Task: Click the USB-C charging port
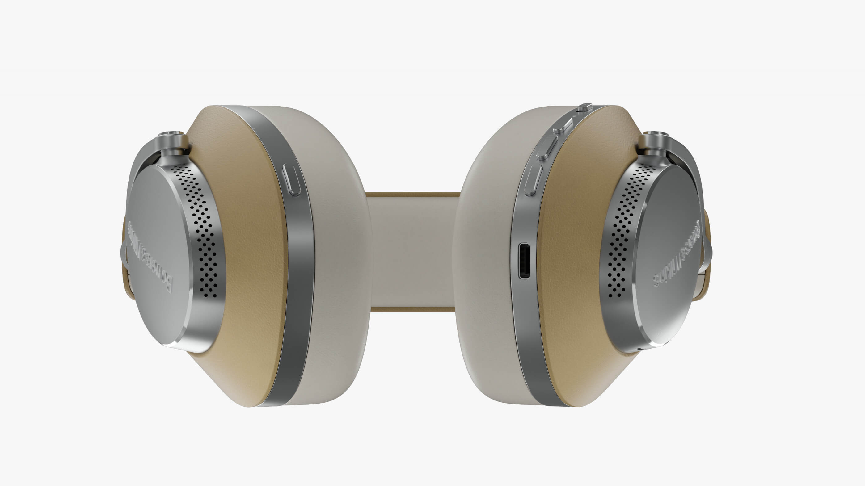coord(524,261)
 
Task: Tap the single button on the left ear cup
coord(291,180)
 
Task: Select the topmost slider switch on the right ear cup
coord(584,107)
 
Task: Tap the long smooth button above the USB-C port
coord(533,181)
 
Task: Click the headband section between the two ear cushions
coord(413,252)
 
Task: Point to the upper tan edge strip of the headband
coord(413,195)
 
